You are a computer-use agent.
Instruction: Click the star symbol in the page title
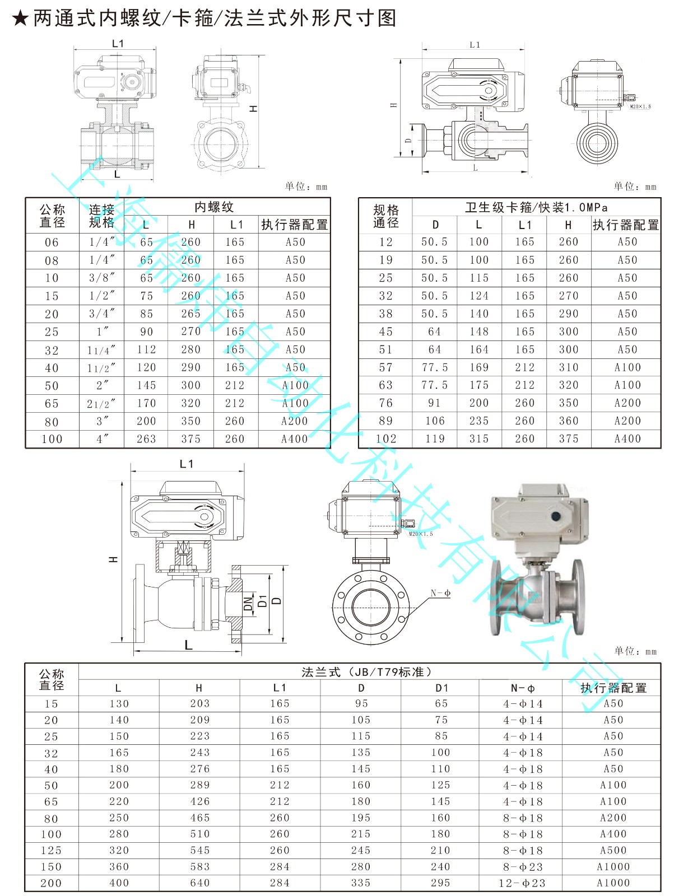pyautogui.click(x=20, y=18)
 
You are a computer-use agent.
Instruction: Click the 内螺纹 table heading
pyautogui.click(x=214, y=207)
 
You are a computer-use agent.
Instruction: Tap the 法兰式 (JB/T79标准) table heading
pyautogui.click(x=367, y=672)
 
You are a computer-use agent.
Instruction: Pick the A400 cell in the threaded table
pyautogui.click(x=295, y=439)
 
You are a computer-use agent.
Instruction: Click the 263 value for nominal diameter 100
pyautogui.click(x=146, y=439)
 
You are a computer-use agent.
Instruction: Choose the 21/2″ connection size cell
pyautogui.click(x=101, y=403)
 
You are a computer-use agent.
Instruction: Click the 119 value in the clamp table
pyautogui.click(x=435, y=438)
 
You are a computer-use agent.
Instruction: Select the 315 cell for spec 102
pyautogui.click(x=479, y=438)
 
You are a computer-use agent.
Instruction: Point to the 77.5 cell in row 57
pyautogui.click(x=435, y=367)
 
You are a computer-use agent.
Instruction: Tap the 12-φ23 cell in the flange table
pyautogui.click(x=523, y=883)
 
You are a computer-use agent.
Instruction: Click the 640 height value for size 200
pyautogui.click(x=199, y=883)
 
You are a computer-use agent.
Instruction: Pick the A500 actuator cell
pyautogui.click(x=613, y=850)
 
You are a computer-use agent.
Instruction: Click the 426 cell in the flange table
pyautogui.click(x=199, y=801)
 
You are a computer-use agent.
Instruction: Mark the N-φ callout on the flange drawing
pyautogui.click(x=440, y=593)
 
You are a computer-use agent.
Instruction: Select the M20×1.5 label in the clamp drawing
pyautogui.click(x=640, y=106)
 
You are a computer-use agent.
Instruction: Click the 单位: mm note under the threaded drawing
pyautogui.click(x=306, y=186)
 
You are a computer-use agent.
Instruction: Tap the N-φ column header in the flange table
pyautogui.click(x=522, y=688)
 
